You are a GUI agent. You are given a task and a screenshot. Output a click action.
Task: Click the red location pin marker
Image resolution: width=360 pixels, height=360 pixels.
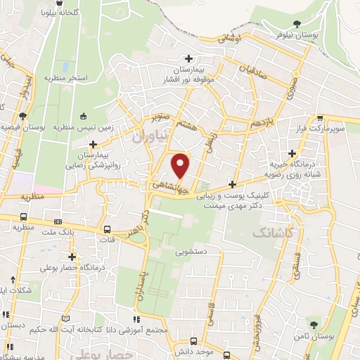point(181,166)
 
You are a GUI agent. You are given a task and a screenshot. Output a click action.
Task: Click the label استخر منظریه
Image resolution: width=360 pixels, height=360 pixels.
point(67,77)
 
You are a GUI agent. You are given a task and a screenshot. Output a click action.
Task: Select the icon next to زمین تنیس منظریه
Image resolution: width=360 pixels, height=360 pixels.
point(84,116)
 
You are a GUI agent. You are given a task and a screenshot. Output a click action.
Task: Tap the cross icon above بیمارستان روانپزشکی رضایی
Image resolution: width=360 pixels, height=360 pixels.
point(92,144)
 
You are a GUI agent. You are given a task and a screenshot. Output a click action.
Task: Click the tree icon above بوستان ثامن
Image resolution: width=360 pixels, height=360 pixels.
point(313,325)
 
